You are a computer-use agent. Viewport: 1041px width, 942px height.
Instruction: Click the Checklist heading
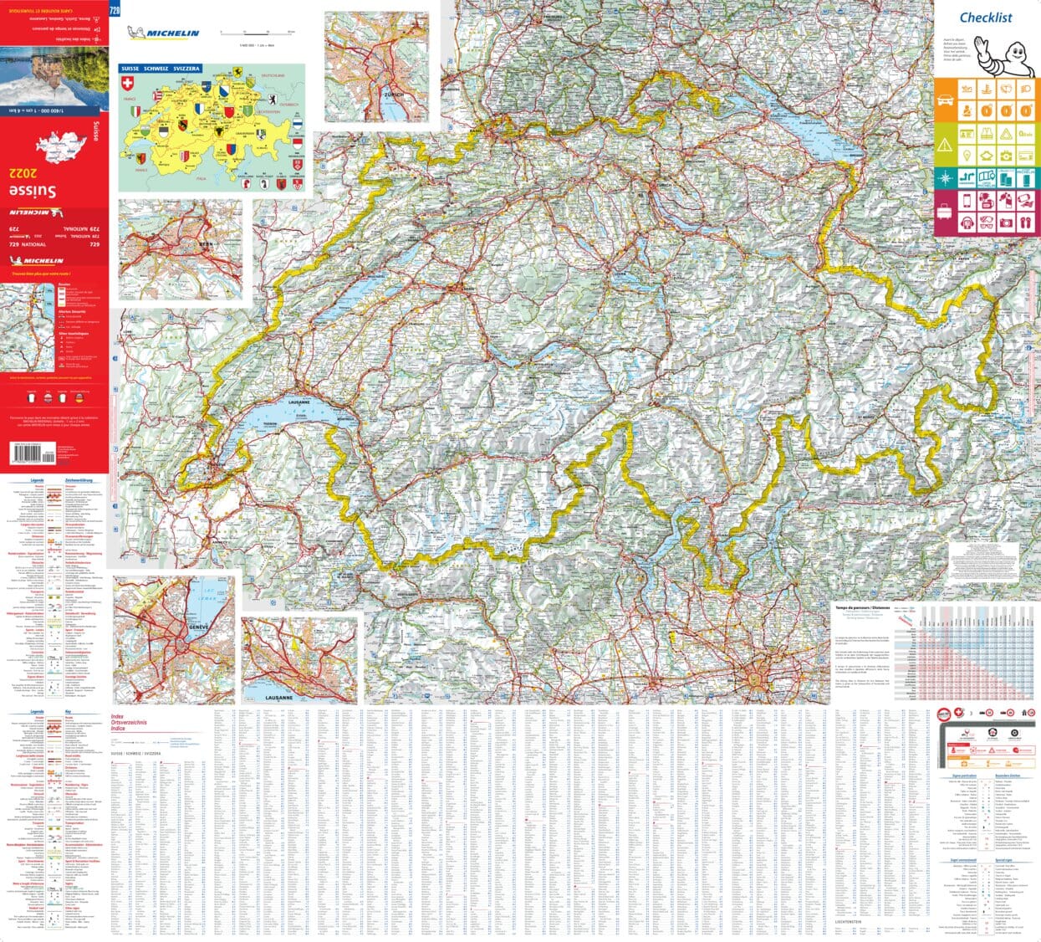click(x=986, y=18)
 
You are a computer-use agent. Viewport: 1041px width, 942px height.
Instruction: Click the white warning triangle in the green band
click(x=945, y=145)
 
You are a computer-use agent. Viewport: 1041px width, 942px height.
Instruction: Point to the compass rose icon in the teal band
click(x=945, y=177)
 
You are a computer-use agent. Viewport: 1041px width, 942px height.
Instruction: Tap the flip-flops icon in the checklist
click(x=1026, y=223)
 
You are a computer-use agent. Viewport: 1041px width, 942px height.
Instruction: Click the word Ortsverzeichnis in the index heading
click(x=129, y=722)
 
